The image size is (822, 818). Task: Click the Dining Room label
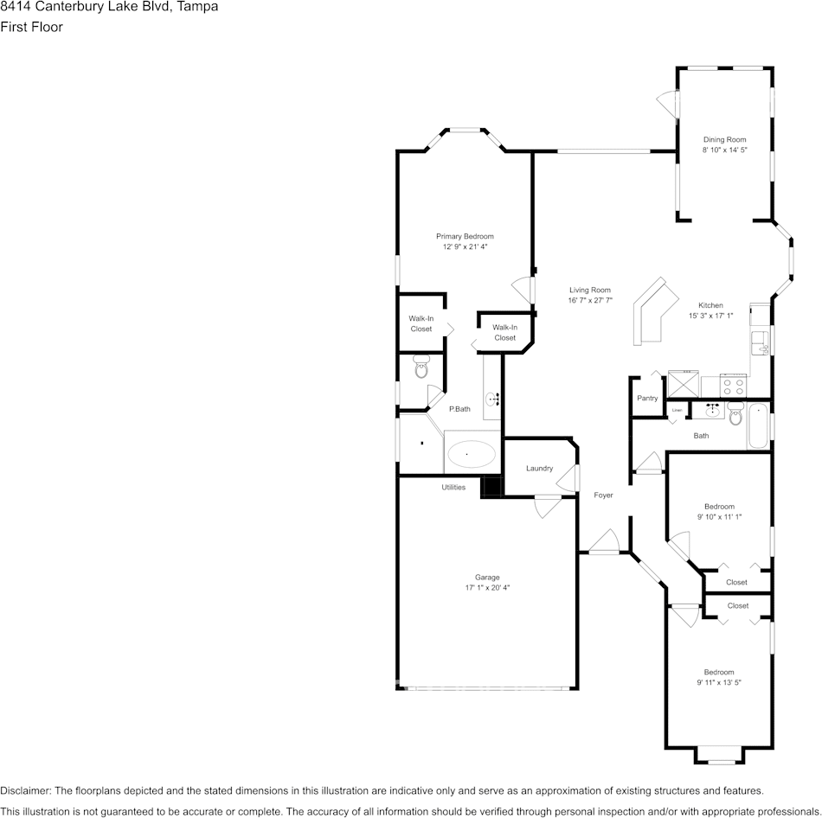point(724,139)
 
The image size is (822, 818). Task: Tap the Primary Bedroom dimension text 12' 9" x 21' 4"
point(465,247)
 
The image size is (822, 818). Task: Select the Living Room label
point(590,290)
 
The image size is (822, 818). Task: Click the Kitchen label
point(710,305)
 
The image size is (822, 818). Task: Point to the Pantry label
point(647,399)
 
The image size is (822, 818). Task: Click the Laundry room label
point(539,469)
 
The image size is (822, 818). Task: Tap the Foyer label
point(603,495)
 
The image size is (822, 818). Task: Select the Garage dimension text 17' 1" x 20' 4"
point(487,588)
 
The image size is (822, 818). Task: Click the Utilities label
point(453,488)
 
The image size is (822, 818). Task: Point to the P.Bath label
point(459,409)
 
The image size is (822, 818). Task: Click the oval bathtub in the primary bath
point(472,452)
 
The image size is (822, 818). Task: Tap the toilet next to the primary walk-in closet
point(421,367)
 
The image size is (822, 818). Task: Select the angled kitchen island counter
point(655,310)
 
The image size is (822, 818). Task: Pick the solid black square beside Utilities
point(491,487)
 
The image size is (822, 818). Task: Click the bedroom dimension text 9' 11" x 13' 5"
point(719,683)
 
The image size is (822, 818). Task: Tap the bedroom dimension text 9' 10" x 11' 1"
point(719,517)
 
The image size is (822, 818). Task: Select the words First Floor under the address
point(31,27)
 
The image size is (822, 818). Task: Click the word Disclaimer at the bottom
point(25,790)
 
